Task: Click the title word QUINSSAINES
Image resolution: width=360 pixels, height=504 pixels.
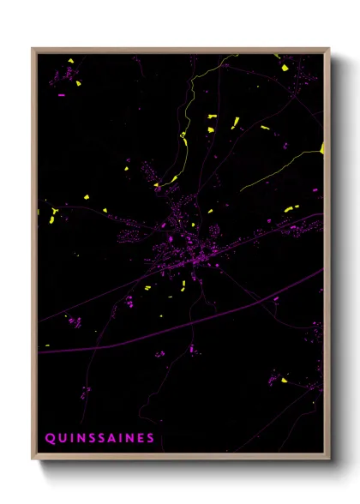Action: click(99, 438)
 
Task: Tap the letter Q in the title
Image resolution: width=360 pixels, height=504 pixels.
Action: click(49, 438)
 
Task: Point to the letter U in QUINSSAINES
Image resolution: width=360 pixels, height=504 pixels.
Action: click(62, 438)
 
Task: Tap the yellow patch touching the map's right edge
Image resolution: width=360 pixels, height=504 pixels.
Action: click(322, 149)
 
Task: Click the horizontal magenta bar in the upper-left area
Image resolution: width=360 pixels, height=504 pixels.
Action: click(61, 96)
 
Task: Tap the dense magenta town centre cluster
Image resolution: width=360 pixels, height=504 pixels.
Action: click(176, 254)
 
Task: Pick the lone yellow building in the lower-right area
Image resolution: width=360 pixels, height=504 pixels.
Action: click(284, 380)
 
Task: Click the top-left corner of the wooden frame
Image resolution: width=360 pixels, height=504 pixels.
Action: click(33, 49)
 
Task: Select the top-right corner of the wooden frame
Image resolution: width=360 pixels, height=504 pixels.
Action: click(328, 49)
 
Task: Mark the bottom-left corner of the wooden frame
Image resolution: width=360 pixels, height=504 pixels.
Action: click(33, 460)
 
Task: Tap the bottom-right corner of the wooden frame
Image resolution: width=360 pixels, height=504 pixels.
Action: click(328, 460)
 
